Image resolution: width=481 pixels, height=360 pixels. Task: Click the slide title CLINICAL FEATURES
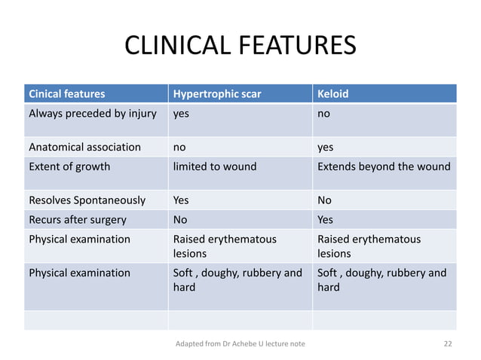click(x=240, y=47)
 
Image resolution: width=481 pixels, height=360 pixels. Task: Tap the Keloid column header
click(x=332, y=95)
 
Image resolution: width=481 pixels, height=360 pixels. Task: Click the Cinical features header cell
click(x=66, y=95)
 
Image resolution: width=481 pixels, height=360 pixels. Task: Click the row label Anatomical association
click(x=84, y=148)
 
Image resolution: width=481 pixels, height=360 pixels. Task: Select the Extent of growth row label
click(x=69, y=166)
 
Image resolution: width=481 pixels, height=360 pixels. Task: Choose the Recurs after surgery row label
click(x=78, y=220)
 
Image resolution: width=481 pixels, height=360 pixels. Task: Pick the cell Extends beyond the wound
click(x=384, y=166)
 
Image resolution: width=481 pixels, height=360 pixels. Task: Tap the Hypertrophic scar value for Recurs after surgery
click(x=181, y=220)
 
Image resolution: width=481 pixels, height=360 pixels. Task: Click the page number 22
click(x=448, y=344)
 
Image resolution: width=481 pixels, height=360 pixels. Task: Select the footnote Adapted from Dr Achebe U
click(x=240, y=344)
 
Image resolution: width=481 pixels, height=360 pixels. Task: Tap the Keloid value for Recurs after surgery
click(x=326, y=220)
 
